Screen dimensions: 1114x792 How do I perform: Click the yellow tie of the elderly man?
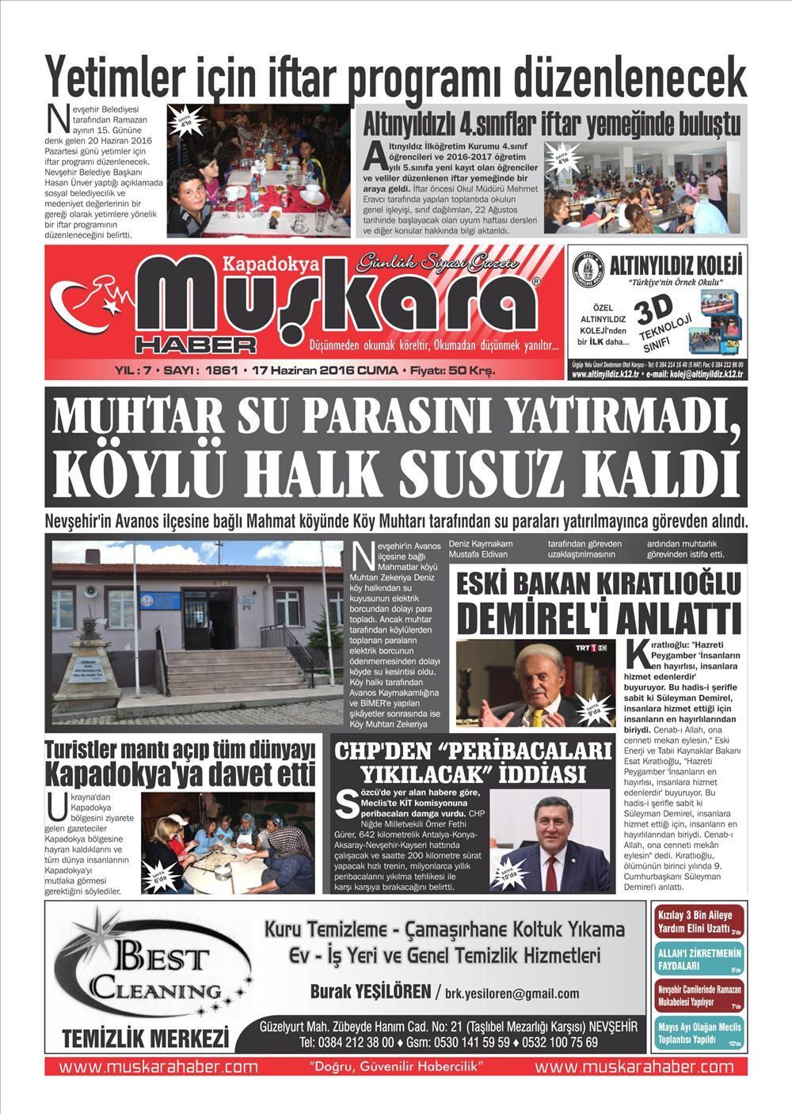coord(538,716)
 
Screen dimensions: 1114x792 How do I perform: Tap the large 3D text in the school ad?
coord(657,310)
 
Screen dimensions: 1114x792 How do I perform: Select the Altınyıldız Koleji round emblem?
coord(588,270)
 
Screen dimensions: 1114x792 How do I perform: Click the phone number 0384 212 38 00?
coord(357,1042)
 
